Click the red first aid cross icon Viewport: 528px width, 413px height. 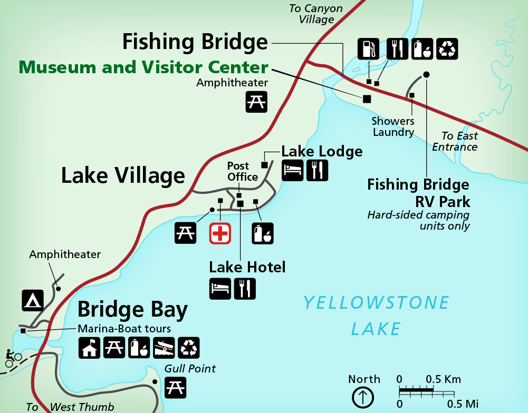(220, 233)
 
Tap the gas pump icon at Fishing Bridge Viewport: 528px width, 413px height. (368, 48)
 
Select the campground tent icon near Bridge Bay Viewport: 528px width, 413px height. (32, 300)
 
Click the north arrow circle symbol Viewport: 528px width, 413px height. (363, 397)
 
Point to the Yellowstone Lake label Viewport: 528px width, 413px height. (376, 316)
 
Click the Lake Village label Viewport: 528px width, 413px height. (123, 175)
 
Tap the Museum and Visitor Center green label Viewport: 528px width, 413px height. (143, 67)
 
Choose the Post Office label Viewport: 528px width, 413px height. (243, 171)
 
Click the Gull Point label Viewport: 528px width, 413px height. (190, 368)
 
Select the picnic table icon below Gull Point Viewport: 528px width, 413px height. (175, 388)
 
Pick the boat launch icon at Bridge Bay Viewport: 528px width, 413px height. (164, 348)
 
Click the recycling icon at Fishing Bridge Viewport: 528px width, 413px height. (448, 48)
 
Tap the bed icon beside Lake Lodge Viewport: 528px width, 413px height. (292, 170)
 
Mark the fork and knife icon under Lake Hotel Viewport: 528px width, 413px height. (245, 289)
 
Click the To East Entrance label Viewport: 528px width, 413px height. (455, 142)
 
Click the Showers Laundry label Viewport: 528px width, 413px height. (393, 127)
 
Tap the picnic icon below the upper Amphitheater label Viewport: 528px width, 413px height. (256, 102)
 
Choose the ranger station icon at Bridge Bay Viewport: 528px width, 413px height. (89, 348)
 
